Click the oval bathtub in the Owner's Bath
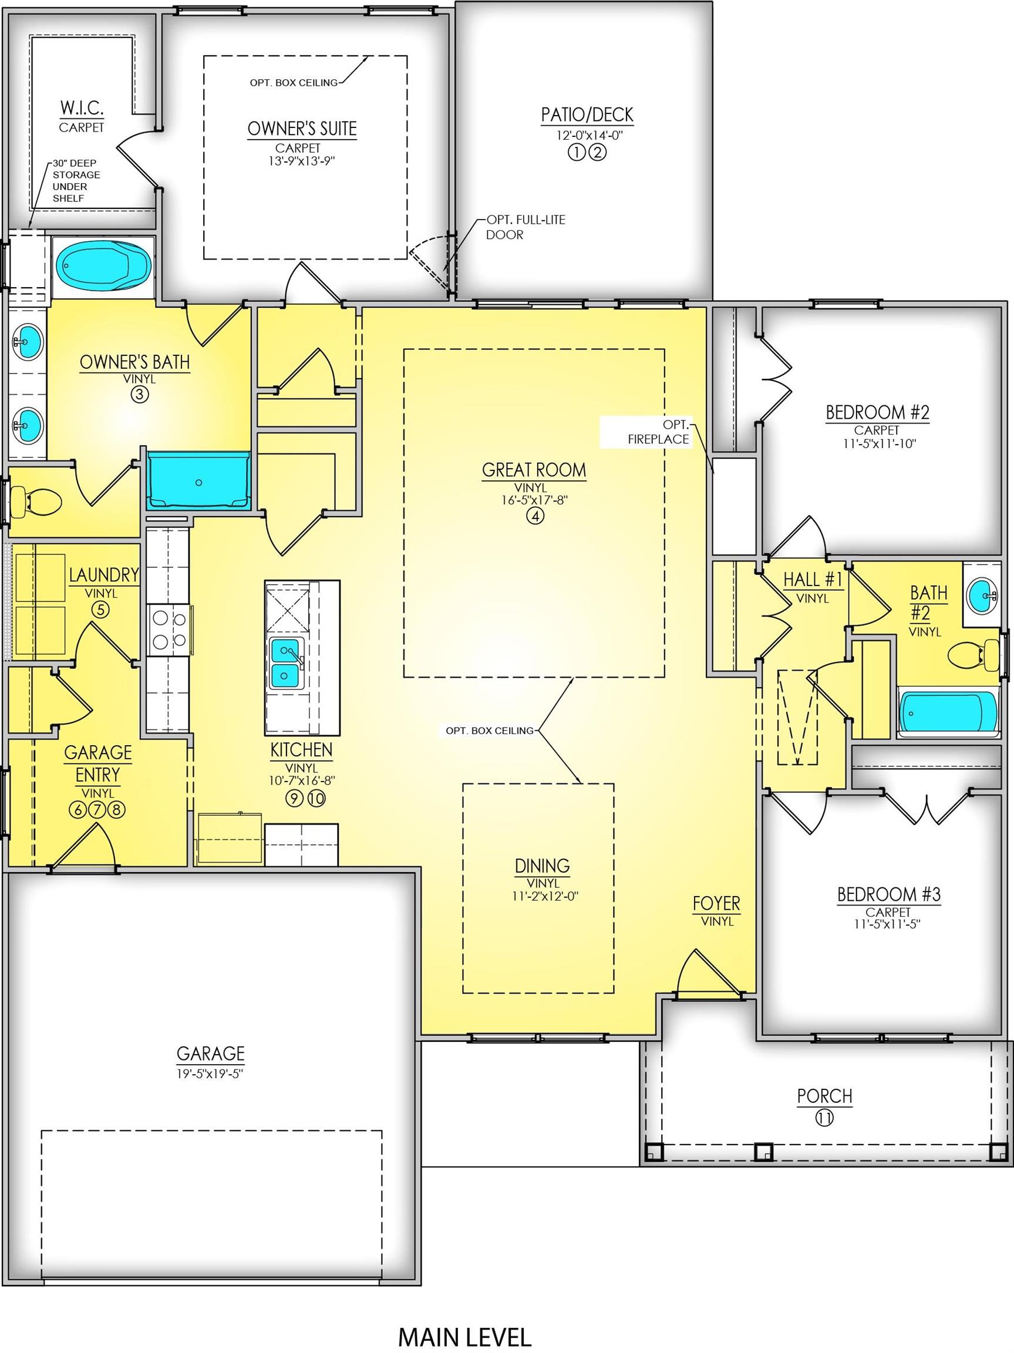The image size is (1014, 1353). click(103, 266)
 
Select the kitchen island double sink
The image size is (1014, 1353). click(285, 662)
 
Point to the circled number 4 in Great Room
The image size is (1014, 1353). click(534, 516)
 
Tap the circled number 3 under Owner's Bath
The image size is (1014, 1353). click(139, 395)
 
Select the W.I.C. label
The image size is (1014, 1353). click(82, 108)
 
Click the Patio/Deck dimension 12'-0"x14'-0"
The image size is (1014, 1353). click(587, 136)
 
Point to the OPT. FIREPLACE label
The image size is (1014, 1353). click(658, 432)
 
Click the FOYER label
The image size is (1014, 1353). click(717, 904)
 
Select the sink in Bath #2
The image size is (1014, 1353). click(983, 593)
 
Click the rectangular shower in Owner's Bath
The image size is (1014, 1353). click(199, 481)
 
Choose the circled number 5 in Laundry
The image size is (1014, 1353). click(101, 609)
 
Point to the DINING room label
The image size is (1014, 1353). click(542, 866)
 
